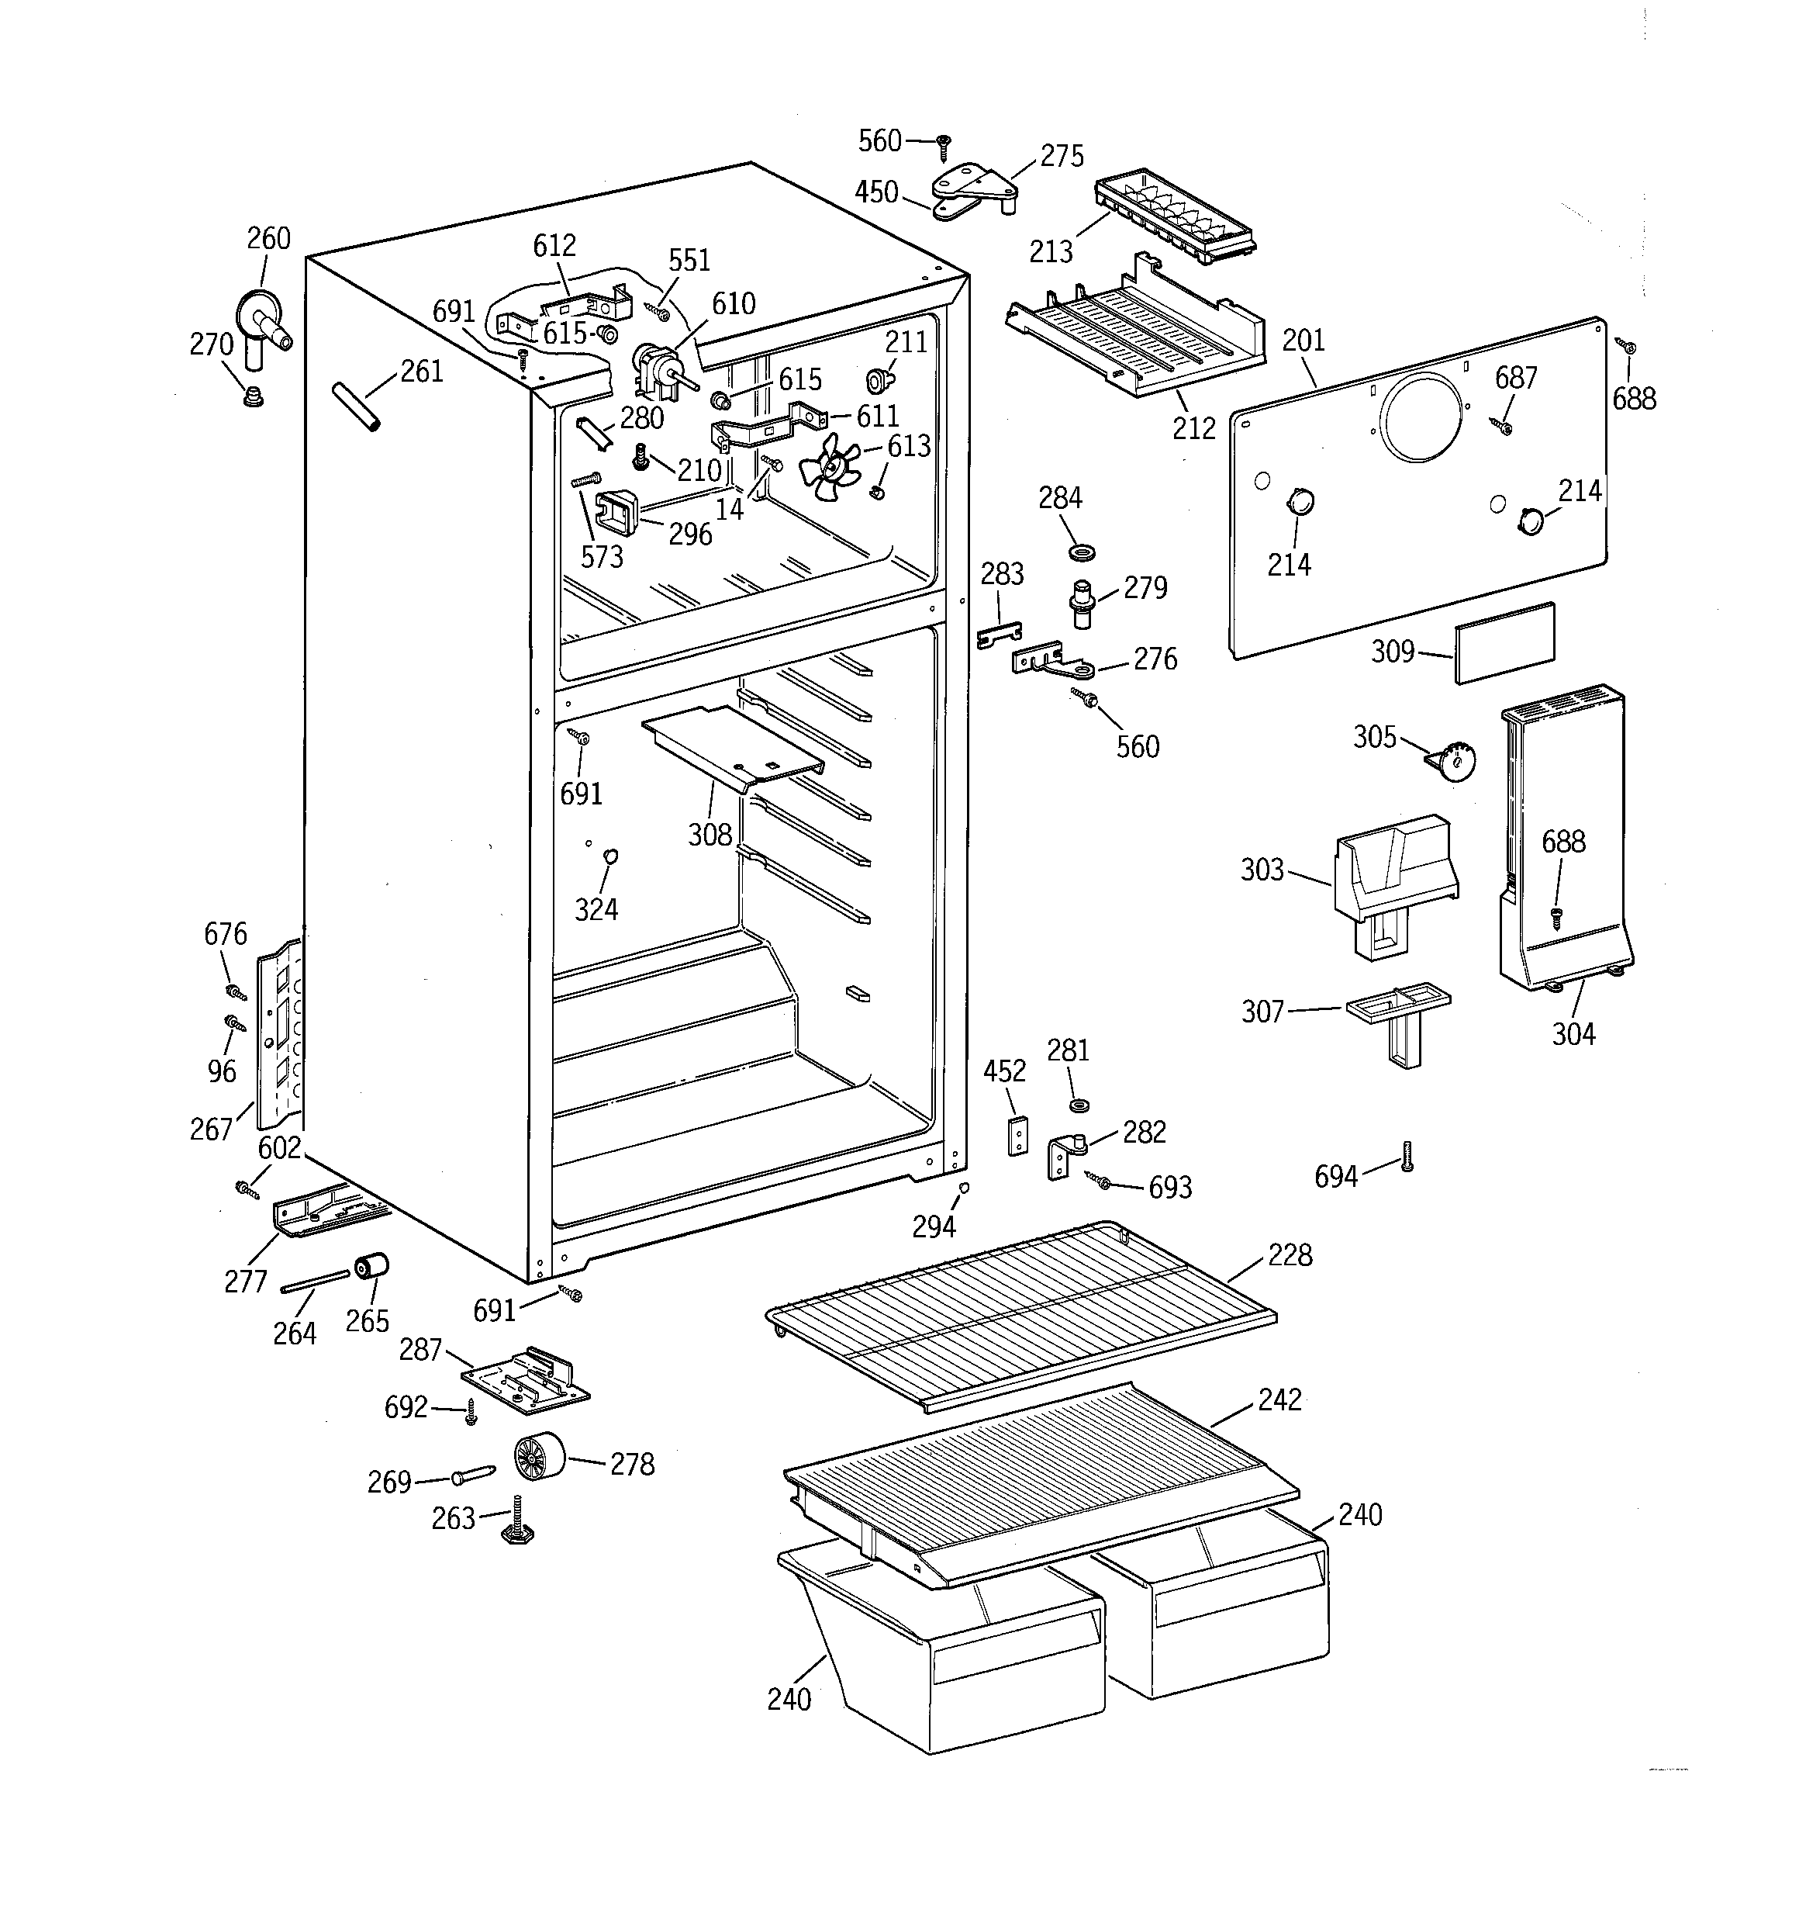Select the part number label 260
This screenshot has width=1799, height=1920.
[x=268, y=239]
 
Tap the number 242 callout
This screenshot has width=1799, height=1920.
[x=1279, y=1399]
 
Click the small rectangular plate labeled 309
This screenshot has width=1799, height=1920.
[x=1504, y=643]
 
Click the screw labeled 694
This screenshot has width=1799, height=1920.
[x=1407, y=1156]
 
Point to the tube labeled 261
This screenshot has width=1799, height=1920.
[x=357, y=406]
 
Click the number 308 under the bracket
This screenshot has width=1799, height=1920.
[x=710, y=835]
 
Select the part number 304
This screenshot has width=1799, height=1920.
[x=1573, y=1034]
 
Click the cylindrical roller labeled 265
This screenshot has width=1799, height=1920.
[x=371, y=1266]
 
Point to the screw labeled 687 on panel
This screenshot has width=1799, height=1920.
[x=1504, y=426]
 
